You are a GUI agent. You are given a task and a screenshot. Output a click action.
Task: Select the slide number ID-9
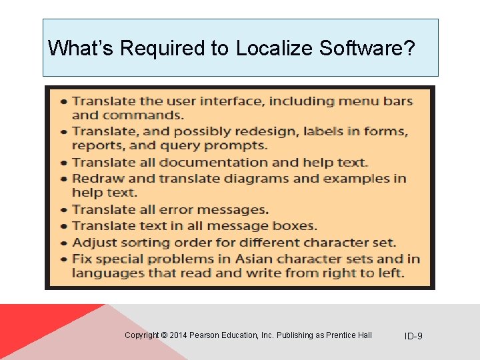click(413, 336)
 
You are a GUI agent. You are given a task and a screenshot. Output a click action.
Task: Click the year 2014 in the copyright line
click(179, 335)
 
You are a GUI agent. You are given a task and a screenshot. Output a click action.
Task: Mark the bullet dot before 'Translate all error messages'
click(63, 211)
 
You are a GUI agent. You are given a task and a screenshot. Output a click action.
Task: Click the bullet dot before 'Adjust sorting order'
click(63, 243)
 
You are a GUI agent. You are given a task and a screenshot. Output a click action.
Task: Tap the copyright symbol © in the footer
click(164, 335)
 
